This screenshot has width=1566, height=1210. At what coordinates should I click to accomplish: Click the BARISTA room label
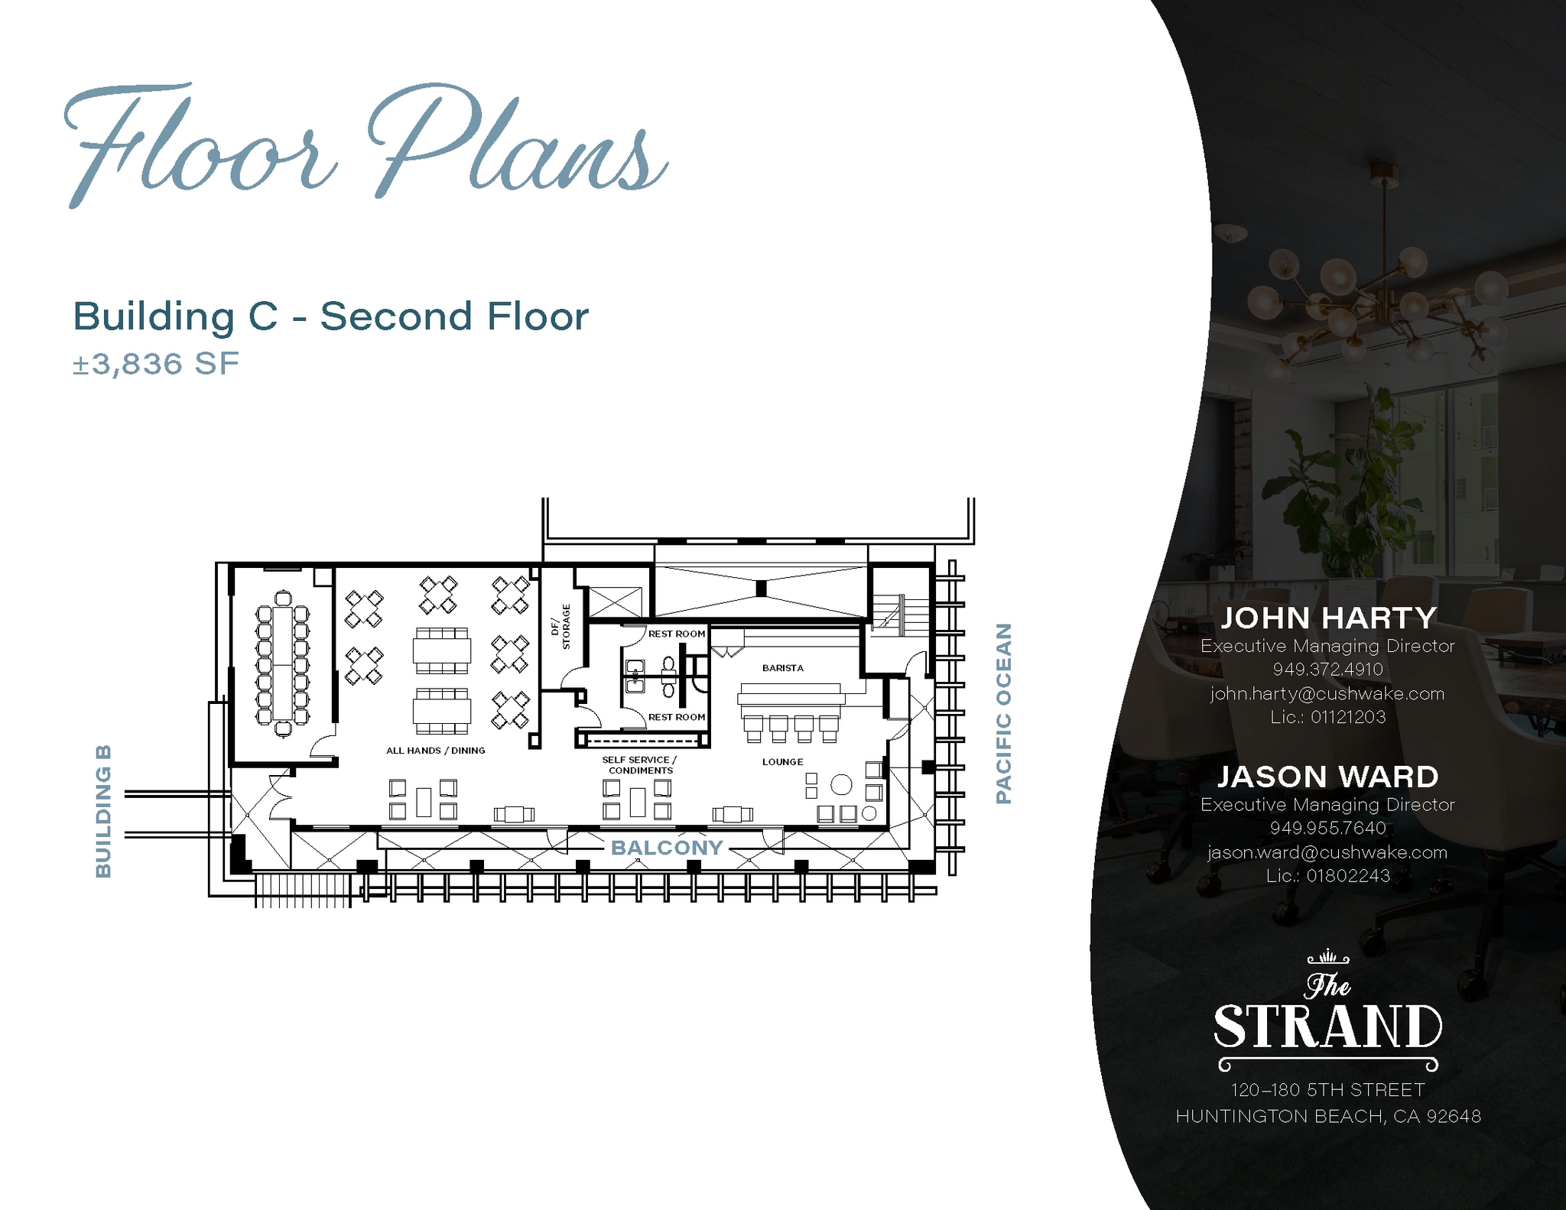pyautogui.click(x=782, y=668)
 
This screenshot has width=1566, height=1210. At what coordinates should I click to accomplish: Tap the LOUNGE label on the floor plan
pyautogui.click(x=782, y=762)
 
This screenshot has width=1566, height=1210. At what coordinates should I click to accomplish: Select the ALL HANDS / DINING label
pyautogui.click(x=436, y=751)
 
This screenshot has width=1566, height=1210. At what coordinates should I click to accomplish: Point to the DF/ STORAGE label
pyautogui.click(x=561, y=627)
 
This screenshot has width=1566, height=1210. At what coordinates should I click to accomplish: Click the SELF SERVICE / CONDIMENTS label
pyautogui.click(x=640, y=765)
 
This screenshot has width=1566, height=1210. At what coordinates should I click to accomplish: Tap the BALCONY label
pyautogui.click(x=667, y=848)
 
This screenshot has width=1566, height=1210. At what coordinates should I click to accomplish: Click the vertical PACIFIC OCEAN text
pyautogui.click(x=1004, y=713)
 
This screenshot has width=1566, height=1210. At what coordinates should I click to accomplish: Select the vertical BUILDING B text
pyautogui.click(x=103, y=811)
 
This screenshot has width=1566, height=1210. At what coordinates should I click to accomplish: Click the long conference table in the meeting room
pyautogui.click(x=283, y=664)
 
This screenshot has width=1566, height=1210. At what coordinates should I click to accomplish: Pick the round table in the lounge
pyautogui.click(x=841, y=785)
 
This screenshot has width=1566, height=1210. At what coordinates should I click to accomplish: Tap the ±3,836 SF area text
pyautogui.click(x=156, y=364)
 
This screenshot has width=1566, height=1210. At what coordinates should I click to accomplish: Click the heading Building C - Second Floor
pyautogui.click(x=331, y=316)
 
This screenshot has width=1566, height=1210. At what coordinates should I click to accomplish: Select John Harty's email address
pyautogui.click(x=1327, y=694)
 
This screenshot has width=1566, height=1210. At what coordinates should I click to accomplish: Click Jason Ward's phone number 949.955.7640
pyautogui.click(x=1328, y=828)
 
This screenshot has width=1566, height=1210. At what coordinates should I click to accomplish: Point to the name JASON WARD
pyautogui.click(x=1328, y=777)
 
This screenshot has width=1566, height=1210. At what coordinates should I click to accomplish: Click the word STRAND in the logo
pyautogui.click(x=1328, y=1027)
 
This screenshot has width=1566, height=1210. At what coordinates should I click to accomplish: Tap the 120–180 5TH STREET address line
pyautogui.click(x=1328, y=1090)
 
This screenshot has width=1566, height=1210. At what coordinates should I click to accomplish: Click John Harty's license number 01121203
pyautogui.click(x=1348, y=717)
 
